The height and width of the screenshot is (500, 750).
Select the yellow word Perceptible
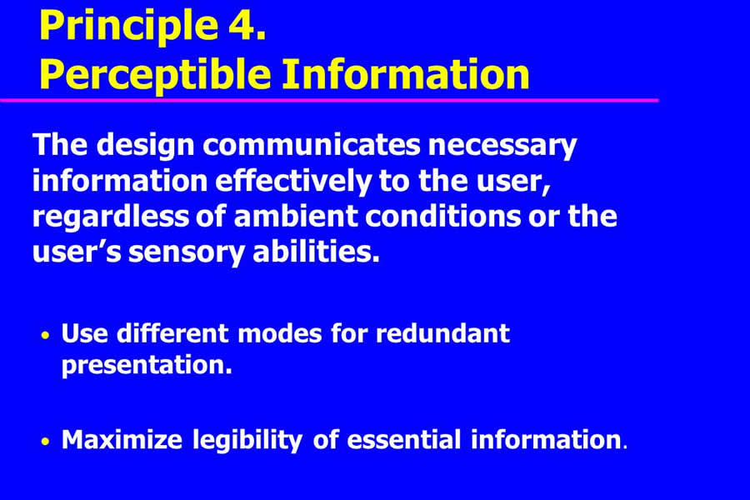pos(155,75)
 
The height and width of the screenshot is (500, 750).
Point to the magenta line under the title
pos(329,100)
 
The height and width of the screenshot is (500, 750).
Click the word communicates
pos(311,144)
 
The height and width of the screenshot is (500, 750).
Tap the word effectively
pos(293,182)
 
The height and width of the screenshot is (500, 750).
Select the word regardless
pos(111,217)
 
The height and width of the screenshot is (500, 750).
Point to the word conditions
pos(443,217)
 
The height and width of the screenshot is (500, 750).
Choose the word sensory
pos(187,253)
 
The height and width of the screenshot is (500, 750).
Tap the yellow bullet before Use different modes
pos(46,335)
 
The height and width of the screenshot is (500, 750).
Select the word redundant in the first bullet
pos(443,333)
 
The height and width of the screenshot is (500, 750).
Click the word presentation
pos(147,366)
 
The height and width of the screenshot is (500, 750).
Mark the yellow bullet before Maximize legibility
pos(46,442)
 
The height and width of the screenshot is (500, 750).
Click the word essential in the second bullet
pos(404,439)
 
